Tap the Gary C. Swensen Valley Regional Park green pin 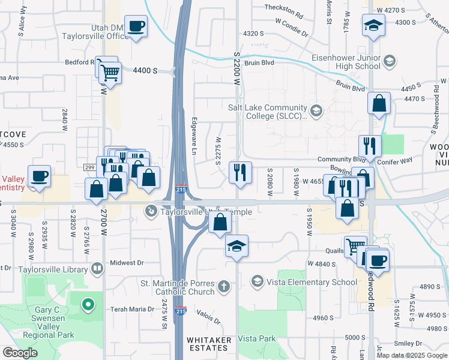(x=88, y=306)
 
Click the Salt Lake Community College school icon (x=316, y=110)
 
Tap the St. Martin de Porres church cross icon (x=223, y=286)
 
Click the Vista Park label (x=256, y=338)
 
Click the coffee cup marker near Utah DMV (x=136, y=26)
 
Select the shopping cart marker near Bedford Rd (x=109, y=73)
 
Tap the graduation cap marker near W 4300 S (x=373, y=26)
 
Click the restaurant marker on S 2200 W (x=240, y=173)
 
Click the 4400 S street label (x=145, y=71)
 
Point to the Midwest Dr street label (x=127, y=263)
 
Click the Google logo (x=20, y=353)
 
